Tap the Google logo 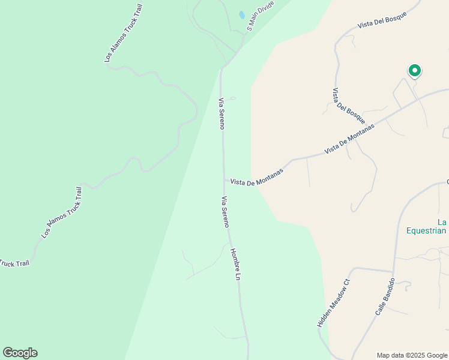pos(20,353)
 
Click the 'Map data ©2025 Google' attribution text pos(411,355)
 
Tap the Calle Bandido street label pos(385,297)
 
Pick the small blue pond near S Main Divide pos(241,15)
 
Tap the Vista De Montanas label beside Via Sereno pos(256,176)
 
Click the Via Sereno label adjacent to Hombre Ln pos(225,212)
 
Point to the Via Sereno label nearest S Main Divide pos(221,113)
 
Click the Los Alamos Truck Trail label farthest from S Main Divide pos(62,212)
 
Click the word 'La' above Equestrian pos(442,220)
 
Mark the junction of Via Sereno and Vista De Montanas pos(224,179)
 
